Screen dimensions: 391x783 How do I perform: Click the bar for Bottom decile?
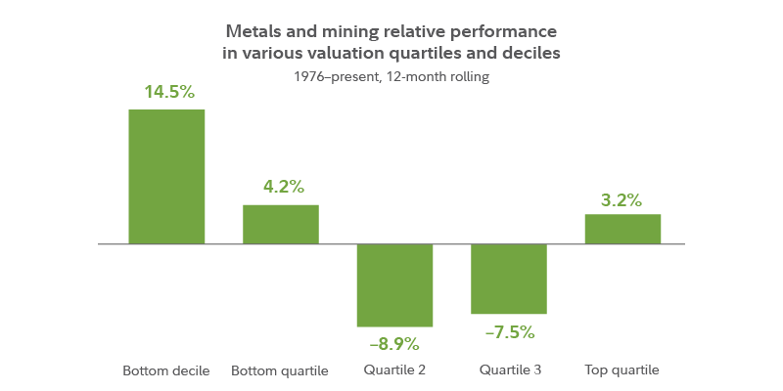(166, 176)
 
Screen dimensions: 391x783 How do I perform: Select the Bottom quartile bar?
(281, 224)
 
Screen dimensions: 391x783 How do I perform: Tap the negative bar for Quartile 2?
(394, 285)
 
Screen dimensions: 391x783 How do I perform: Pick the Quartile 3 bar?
(509, 280)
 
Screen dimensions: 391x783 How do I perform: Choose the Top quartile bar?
(622, 229)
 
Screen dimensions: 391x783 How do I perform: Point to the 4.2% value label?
(281, 186)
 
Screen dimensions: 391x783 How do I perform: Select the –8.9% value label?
(394, 343)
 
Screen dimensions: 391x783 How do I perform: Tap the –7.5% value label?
(509, 331)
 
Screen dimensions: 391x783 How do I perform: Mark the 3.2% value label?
(622, 200)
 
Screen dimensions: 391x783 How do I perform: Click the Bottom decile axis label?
(166, 370)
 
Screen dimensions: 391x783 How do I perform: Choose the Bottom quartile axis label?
(280, 370)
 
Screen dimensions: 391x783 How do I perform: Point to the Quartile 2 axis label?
(394, 370)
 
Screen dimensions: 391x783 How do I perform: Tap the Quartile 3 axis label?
(509, 370)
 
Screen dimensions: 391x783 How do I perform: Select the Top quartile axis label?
(622, 370)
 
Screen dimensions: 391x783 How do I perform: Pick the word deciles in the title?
(533, 55)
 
